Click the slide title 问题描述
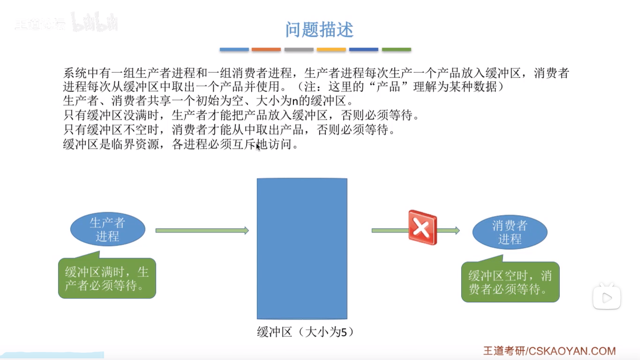click(319, 30)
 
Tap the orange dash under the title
click(266, 49)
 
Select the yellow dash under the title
click(331, 49)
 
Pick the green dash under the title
click(396, 49)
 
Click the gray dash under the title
click(299, 49)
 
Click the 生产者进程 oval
click(108, 229)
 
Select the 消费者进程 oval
click(510, 232)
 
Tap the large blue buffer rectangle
click(302, 248)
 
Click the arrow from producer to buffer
click(202, 230)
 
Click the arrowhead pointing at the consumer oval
click(457, 230)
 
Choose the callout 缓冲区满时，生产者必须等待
click(107, 278)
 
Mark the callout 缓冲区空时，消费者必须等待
click(510, 282)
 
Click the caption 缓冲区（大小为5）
click(305, 332)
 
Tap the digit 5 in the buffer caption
click(343, 332)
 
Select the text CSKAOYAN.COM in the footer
click(572, 351)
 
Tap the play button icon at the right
click(607, 297)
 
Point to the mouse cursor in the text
click(258, 147)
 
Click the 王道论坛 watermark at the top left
click(40, 24)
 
